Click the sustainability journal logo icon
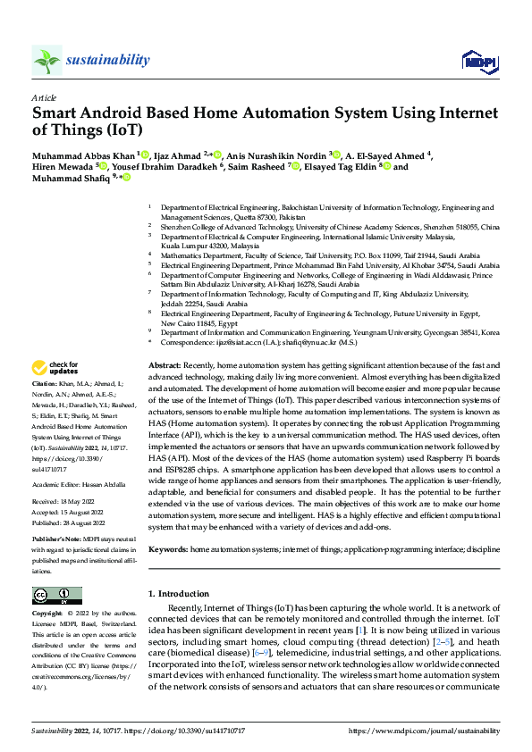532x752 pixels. (46, 60)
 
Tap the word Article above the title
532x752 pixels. (43, 96)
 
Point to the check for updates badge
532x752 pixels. (55, 367)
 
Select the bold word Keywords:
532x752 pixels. (167, 549)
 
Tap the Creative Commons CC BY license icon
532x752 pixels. (56, 595)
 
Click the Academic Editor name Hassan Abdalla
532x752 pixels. (106, 485)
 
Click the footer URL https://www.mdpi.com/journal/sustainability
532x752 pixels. (423, 730)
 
